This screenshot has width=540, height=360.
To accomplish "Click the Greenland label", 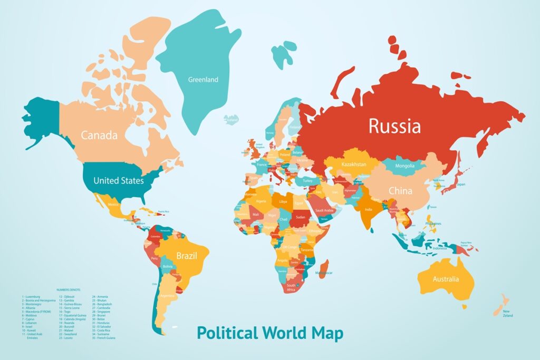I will [203, 80].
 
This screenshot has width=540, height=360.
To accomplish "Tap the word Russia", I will [394, 127].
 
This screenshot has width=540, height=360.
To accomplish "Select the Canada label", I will [99, 135].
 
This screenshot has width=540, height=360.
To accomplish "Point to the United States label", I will [118, 181].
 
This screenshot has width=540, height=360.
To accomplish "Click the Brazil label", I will [187, 256].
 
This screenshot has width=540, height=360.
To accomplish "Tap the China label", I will [400, 191].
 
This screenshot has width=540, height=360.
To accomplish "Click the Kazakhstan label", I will [354, 164].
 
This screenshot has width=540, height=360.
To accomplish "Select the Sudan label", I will [301, 217].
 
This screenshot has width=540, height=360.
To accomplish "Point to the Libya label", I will [284, 202].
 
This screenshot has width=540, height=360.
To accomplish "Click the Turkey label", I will [307, 181].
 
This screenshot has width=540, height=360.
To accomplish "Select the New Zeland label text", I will [507, 314].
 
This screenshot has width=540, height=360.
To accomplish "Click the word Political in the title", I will [227, 333].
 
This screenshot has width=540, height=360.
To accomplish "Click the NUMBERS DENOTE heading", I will [69, 290].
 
